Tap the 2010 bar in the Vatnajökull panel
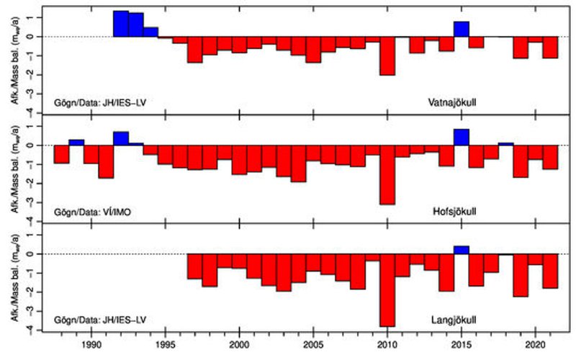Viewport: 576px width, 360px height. click(x=387, y=55)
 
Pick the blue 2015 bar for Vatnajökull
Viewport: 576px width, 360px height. click(x=462, y=29)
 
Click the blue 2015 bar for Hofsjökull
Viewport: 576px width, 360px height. click(x=462, y=137)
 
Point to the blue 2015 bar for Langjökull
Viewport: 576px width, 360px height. click(x=462, y=250)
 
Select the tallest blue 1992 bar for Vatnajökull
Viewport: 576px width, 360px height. click(x=121, y=24)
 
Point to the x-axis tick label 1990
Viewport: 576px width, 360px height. click(x=91, y=345)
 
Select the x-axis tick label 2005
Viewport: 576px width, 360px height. click(x=313, y=345)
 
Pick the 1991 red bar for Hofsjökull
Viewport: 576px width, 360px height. click(x=106, y=161)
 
